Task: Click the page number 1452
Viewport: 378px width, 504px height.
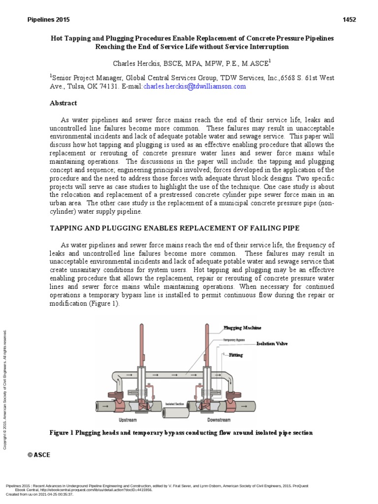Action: [349, 20]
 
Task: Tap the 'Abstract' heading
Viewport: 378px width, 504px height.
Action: [63, 103]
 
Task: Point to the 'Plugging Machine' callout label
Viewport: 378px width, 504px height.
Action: [242, 328]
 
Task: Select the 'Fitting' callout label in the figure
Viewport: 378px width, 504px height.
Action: [236, 354]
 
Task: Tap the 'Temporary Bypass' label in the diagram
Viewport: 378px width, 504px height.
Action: [234, 340]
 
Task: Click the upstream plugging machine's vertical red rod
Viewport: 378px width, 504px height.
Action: [142, 345]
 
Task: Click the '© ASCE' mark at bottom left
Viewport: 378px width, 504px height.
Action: [39, 455]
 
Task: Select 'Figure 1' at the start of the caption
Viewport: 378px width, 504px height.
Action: [62, 433]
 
